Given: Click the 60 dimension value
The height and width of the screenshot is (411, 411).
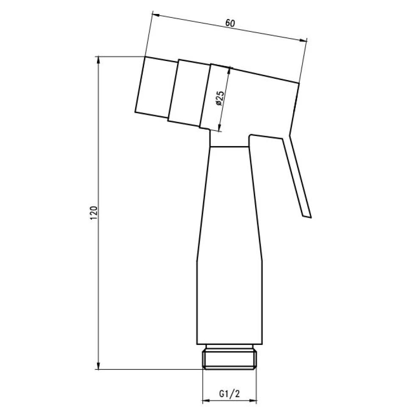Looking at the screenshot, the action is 230,23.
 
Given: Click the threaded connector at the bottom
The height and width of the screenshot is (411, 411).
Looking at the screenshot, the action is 229,357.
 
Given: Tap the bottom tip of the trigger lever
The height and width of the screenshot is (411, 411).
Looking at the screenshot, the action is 307,217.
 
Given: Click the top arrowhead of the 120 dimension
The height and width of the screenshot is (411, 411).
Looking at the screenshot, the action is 98,60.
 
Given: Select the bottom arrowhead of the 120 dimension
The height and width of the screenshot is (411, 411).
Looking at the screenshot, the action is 98,366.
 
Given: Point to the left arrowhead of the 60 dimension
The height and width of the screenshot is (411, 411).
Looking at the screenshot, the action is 156,15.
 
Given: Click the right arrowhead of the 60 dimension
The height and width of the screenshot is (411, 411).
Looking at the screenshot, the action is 303,40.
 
